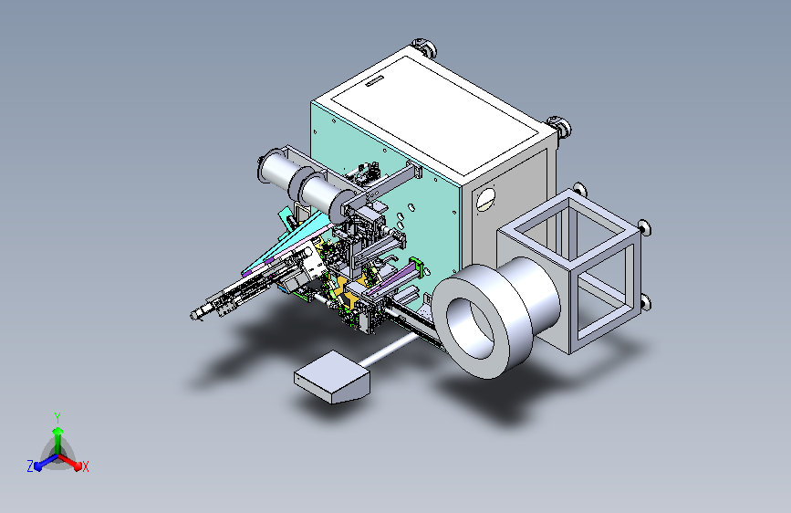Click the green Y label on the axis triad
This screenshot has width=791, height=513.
(x=57, y=417)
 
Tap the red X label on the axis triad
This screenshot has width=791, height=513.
(x=85, y=466)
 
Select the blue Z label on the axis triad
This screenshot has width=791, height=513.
(x=30, y=466)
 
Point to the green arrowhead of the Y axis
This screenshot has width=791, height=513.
(x=58, y=431)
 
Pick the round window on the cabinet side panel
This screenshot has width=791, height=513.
(x=485, y=199)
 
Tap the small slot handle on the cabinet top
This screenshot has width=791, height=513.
(x=374, y=81)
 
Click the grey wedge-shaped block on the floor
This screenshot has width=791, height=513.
(x=332, y=377)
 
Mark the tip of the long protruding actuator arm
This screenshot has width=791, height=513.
(x=194, y=316)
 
